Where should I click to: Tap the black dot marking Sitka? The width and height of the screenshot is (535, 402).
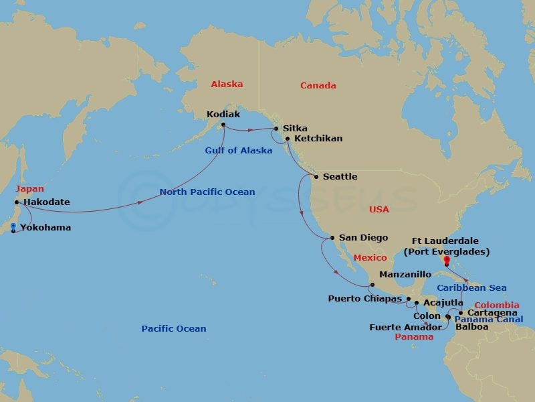click(x=277, y=128)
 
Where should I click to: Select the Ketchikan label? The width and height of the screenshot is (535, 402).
click(x=318, y=139)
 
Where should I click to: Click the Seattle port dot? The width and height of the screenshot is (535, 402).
click(x=316, y=177)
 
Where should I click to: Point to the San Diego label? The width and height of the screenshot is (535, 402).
click(x=364, y=237)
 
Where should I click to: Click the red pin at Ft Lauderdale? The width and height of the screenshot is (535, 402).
click(x=446, y=263)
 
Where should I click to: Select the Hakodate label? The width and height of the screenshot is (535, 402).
click(x=46, y=202)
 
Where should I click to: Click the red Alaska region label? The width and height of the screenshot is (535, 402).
click(x=227, y=84)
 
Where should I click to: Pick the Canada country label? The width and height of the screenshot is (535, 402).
click(x=318, y=86)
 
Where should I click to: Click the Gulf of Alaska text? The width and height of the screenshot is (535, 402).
click(x=238, y=151)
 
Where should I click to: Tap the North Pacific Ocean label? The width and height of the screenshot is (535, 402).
click(x=207, y=192)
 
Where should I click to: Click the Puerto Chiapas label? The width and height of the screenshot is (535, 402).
click(x=365, y=298)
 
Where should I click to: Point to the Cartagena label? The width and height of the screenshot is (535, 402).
click(x=492, y=313)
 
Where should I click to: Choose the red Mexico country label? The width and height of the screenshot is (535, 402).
click(x=370, y=258)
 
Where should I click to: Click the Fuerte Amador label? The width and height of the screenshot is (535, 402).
click(x=405, y=328)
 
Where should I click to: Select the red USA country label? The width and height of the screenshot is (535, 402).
click(x=379, y=210)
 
